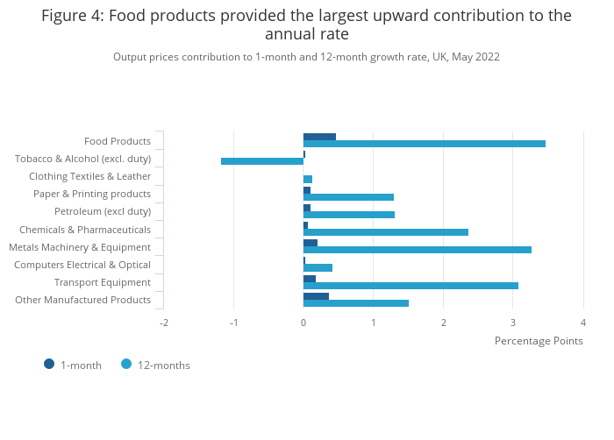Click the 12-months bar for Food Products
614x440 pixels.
(x=425, y=144)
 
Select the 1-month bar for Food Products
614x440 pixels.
(x=319, y=137)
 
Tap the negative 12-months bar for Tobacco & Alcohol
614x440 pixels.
(x=262, y=161)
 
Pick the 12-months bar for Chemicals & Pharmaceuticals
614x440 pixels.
(x=386, y=232)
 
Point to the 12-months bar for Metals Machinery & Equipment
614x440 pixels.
(x=418, y=250)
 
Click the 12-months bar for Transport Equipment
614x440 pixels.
(x=411, y=286)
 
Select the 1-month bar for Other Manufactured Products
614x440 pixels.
(x=316, y=296)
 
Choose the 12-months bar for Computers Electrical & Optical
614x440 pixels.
(x=318, y=267)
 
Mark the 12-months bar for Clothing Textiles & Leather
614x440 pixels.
(x=308, y=179)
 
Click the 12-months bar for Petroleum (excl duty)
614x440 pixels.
(x=349, y=215)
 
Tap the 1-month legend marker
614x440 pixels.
(x=49, y=365)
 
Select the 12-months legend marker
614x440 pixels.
(x=126, y=365)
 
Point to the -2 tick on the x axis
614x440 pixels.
(x=164, y=323)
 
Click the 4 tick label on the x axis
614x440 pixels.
(x=583, y=323)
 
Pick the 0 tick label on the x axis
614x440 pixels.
(x=303, y=323)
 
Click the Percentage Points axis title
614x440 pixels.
(x=539, y=341)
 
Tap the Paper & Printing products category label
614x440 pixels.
(x=92, y=194)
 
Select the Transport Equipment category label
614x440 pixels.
(x=103, y=282)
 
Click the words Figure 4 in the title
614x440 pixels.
(x=73, y=16)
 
